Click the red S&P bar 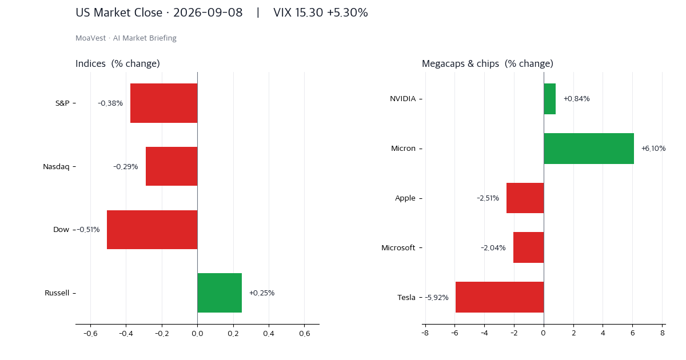[x=164, y=103]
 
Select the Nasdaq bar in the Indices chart [x=171, y=166]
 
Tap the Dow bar [x=152, y=230]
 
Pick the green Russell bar [x=220, y=293]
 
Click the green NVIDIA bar [x=550, y=99]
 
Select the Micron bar [x=589, y=149]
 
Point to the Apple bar [x=525, y=198]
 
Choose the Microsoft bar [x=529, y=247]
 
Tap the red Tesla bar [x=500, y=297]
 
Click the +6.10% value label [x=653, y=149]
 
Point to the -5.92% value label [x=437, y=297]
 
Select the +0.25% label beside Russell [x=262, y=293]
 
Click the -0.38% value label [x=110, y=103]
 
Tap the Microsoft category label [x=398, y=247]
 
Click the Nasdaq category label [x=56, y=166]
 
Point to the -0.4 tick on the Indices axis [x=126, y=333]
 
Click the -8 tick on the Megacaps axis [x=425, y=333]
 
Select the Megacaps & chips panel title [x=488, y=63]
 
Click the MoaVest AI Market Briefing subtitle [x=126, y=38]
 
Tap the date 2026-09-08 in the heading [x=208, y=13]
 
